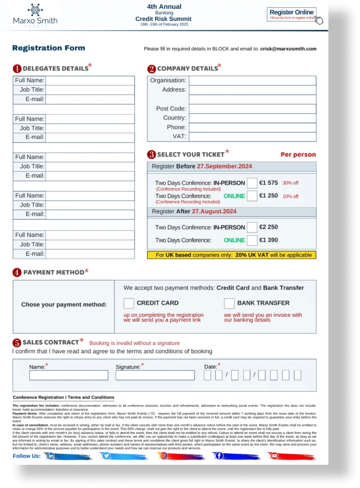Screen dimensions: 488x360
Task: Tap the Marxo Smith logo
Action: pyautogui.click(x=36, y=16)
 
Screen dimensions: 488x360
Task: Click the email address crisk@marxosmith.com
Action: pyautogui.click(x=288, y=49)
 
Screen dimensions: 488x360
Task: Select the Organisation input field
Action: pyautogui.click(x=252, y=81)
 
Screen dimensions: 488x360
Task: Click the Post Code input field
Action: pyautogui.click(x=252, y=109)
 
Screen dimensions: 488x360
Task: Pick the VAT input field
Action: pyautogui.click(x=252, y=137)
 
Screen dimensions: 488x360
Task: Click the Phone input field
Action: pyautogui.click(x=252, y=127)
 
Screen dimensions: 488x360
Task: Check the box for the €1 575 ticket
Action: pyautogui.click(x=252, y=183)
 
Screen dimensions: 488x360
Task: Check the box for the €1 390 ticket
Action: pyautogui.click(x=252, y=240)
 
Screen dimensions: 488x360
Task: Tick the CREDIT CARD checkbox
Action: pyautogui.click(x=129, y=303)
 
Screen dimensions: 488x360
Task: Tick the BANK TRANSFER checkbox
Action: pyautogui.click(x=229, y=303)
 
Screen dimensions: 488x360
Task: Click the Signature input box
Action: pyautogui.click(x=155, y=375)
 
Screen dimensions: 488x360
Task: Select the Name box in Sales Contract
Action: pyautogui.click(x=69, y=375)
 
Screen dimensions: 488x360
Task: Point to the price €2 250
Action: pyautogui.click(x=268, y=227)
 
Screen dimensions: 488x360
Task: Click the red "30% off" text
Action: pyautogui.click(x=290, y=183)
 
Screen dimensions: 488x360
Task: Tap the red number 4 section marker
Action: pyautogui.click(x=17, y=272)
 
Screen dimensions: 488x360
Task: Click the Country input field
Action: pyautogui.click(x=252, y=118)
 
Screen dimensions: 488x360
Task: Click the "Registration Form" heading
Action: pyautogui.click(x=49, y=48)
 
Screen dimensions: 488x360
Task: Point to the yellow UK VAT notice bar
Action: pyautogui.click(x=232, y=255)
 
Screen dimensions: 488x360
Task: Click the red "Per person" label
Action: pyautogui.click(x=298, y=155)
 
